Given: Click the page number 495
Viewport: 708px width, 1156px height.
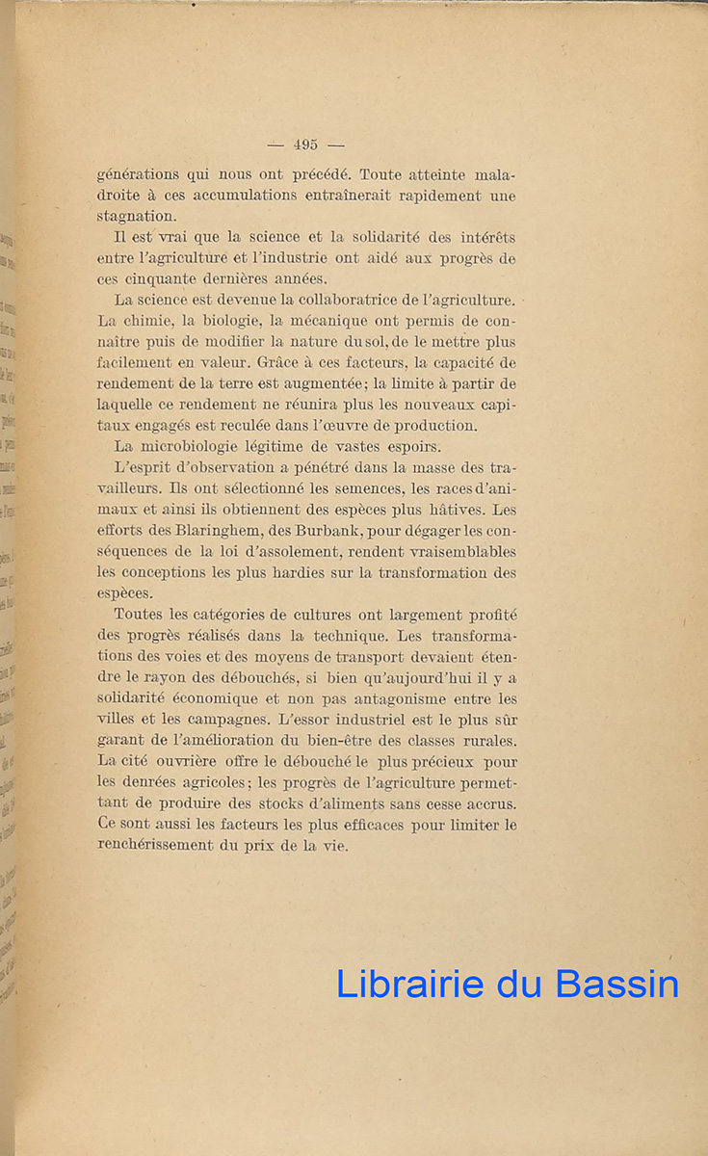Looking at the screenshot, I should (305, 144).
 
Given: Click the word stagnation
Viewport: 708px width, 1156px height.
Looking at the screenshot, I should (137, 217).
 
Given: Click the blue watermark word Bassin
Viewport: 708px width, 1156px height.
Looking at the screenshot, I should (617, 984).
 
